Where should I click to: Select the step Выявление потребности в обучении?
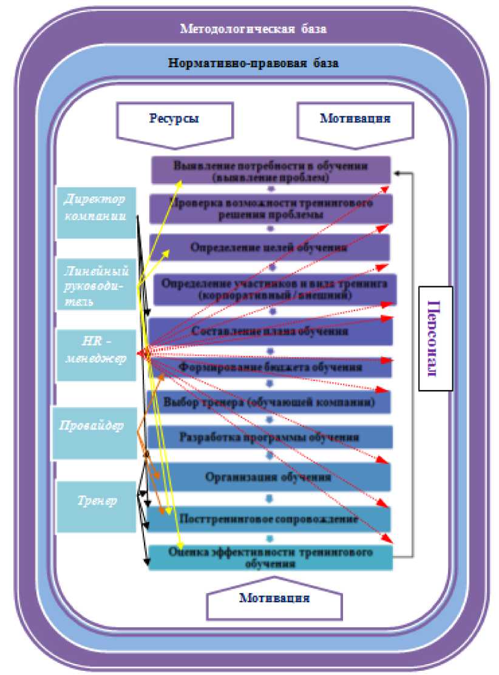(x=271, y=171)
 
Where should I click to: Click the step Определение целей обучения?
(x=270, y=247)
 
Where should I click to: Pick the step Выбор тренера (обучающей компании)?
(x=269, y=402)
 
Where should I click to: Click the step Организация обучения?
(x=268, y=477)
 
